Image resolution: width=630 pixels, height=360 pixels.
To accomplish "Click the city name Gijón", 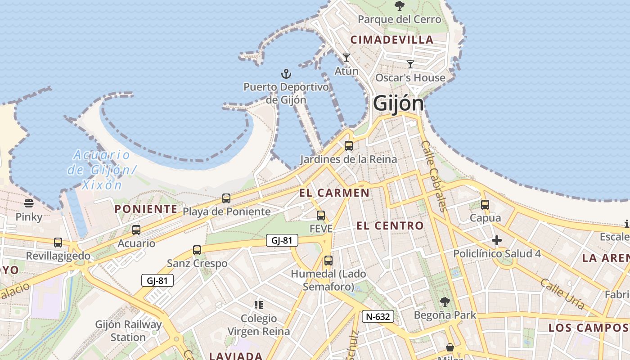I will pos(398,103).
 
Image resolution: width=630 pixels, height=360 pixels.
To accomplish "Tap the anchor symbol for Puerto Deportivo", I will pos(286,73).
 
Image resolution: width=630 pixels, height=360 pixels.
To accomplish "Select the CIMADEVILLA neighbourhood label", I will pos(392,40).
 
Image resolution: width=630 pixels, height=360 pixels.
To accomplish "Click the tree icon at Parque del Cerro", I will pos(399,6).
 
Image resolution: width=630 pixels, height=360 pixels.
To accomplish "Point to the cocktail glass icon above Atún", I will pos(346,58).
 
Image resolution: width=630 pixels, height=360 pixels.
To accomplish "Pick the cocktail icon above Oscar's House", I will pos(410,64).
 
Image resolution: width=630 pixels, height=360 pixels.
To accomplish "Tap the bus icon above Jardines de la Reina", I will pos(348,145).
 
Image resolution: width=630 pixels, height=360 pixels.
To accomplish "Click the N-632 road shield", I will pos(378,316).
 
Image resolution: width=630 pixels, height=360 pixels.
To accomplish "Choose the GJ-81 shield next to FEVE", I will pos(282,240).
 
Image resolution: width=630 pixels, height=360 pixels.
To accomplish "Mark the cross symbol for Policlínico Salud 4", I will pos(497,240).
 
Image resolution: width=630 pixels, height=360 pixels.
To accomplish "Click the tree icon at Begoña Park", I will pos(445,301).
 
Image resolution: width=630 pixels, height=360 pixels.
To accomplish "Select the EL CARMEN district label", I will pos(334,193).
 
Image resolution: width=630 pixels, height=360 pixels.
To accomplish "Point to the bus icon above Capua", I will pos(485,204).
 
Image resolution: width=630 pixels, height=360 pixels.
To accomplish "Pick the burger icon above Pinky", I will pos(29,203).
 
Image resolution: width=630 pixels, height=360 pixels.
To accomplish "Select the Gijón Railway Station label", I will pos(128,330).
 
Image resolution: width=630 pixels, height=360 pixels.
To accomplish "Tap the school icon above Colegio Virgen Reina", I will pos(258,305).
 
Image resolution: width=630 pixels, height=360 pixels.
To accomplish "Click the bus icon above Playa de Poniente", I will pos(226,198).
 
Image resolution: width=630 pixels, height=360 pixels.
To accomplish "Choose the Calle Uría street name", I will pos(562,293).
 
